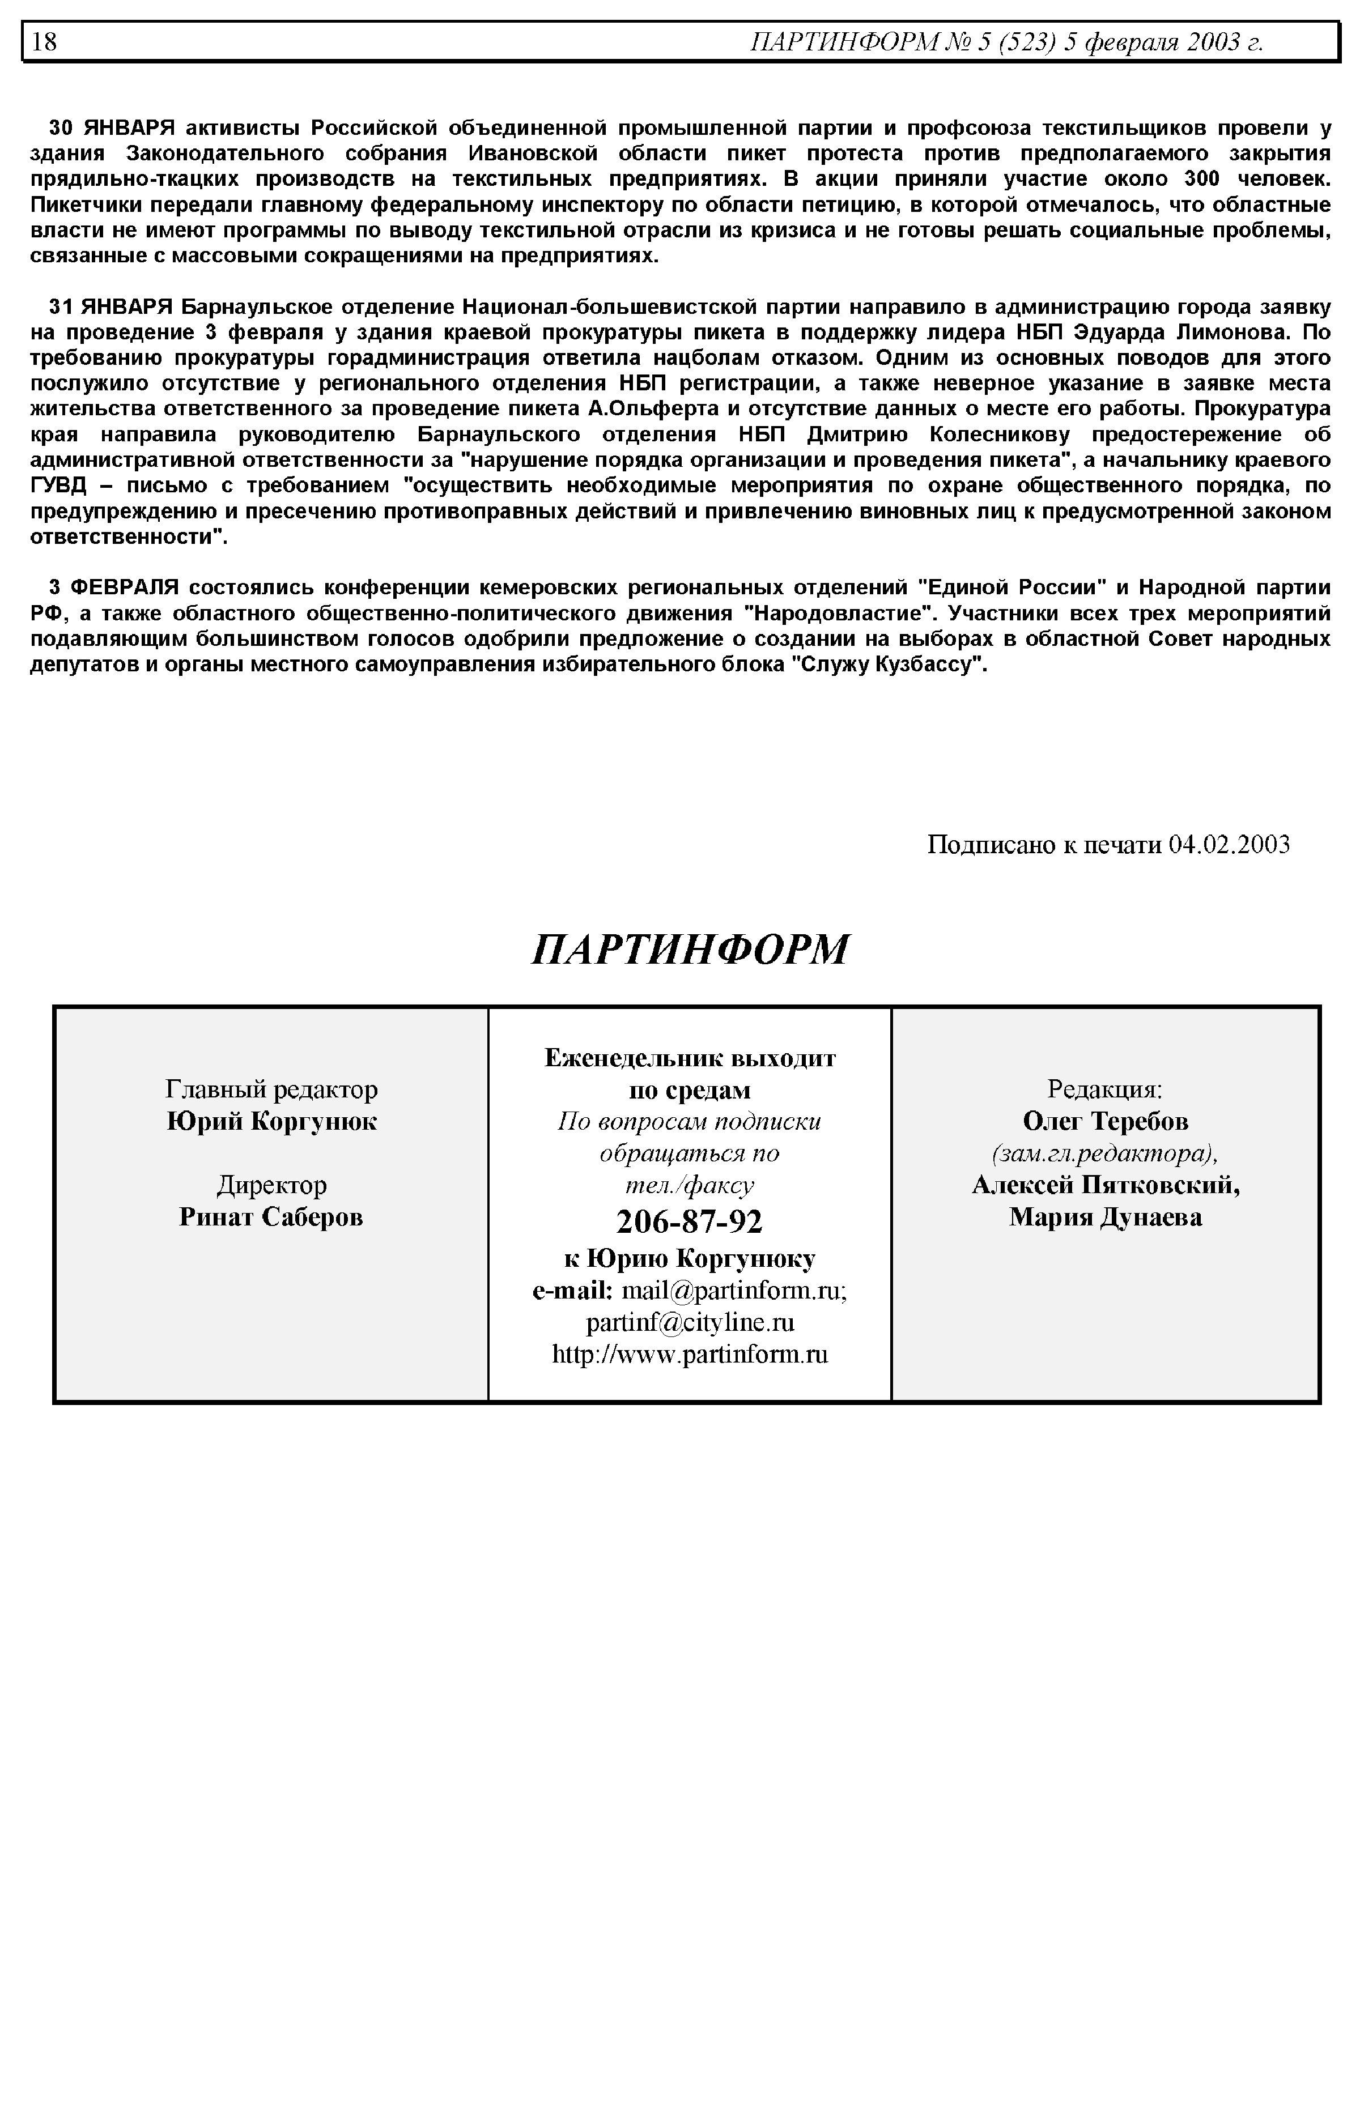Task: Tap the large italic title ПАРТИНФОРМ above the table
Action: click(x=690, y=949)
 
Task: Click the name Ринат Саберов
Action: click(x=271, y=1217)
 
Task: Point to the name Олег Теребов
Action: click(x=1105, y=1121)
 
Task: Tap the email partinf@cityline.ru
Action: click(x=690, y=1322)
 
